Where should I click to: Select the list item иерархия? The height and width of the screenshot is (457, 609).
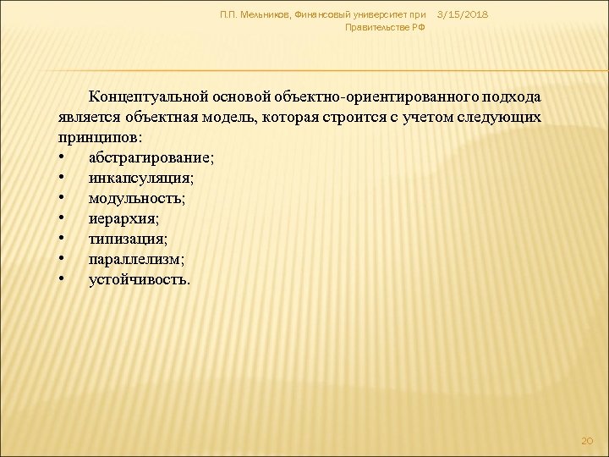click(120, 218)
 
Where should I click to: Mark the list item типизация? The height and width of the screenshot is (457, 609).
click(123, 239)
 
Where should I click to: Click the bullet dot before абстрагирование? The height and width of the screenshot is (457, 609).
click(63, 158)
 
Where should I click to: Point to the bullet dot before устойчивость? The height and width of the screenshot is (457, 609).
click(63, 280)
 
